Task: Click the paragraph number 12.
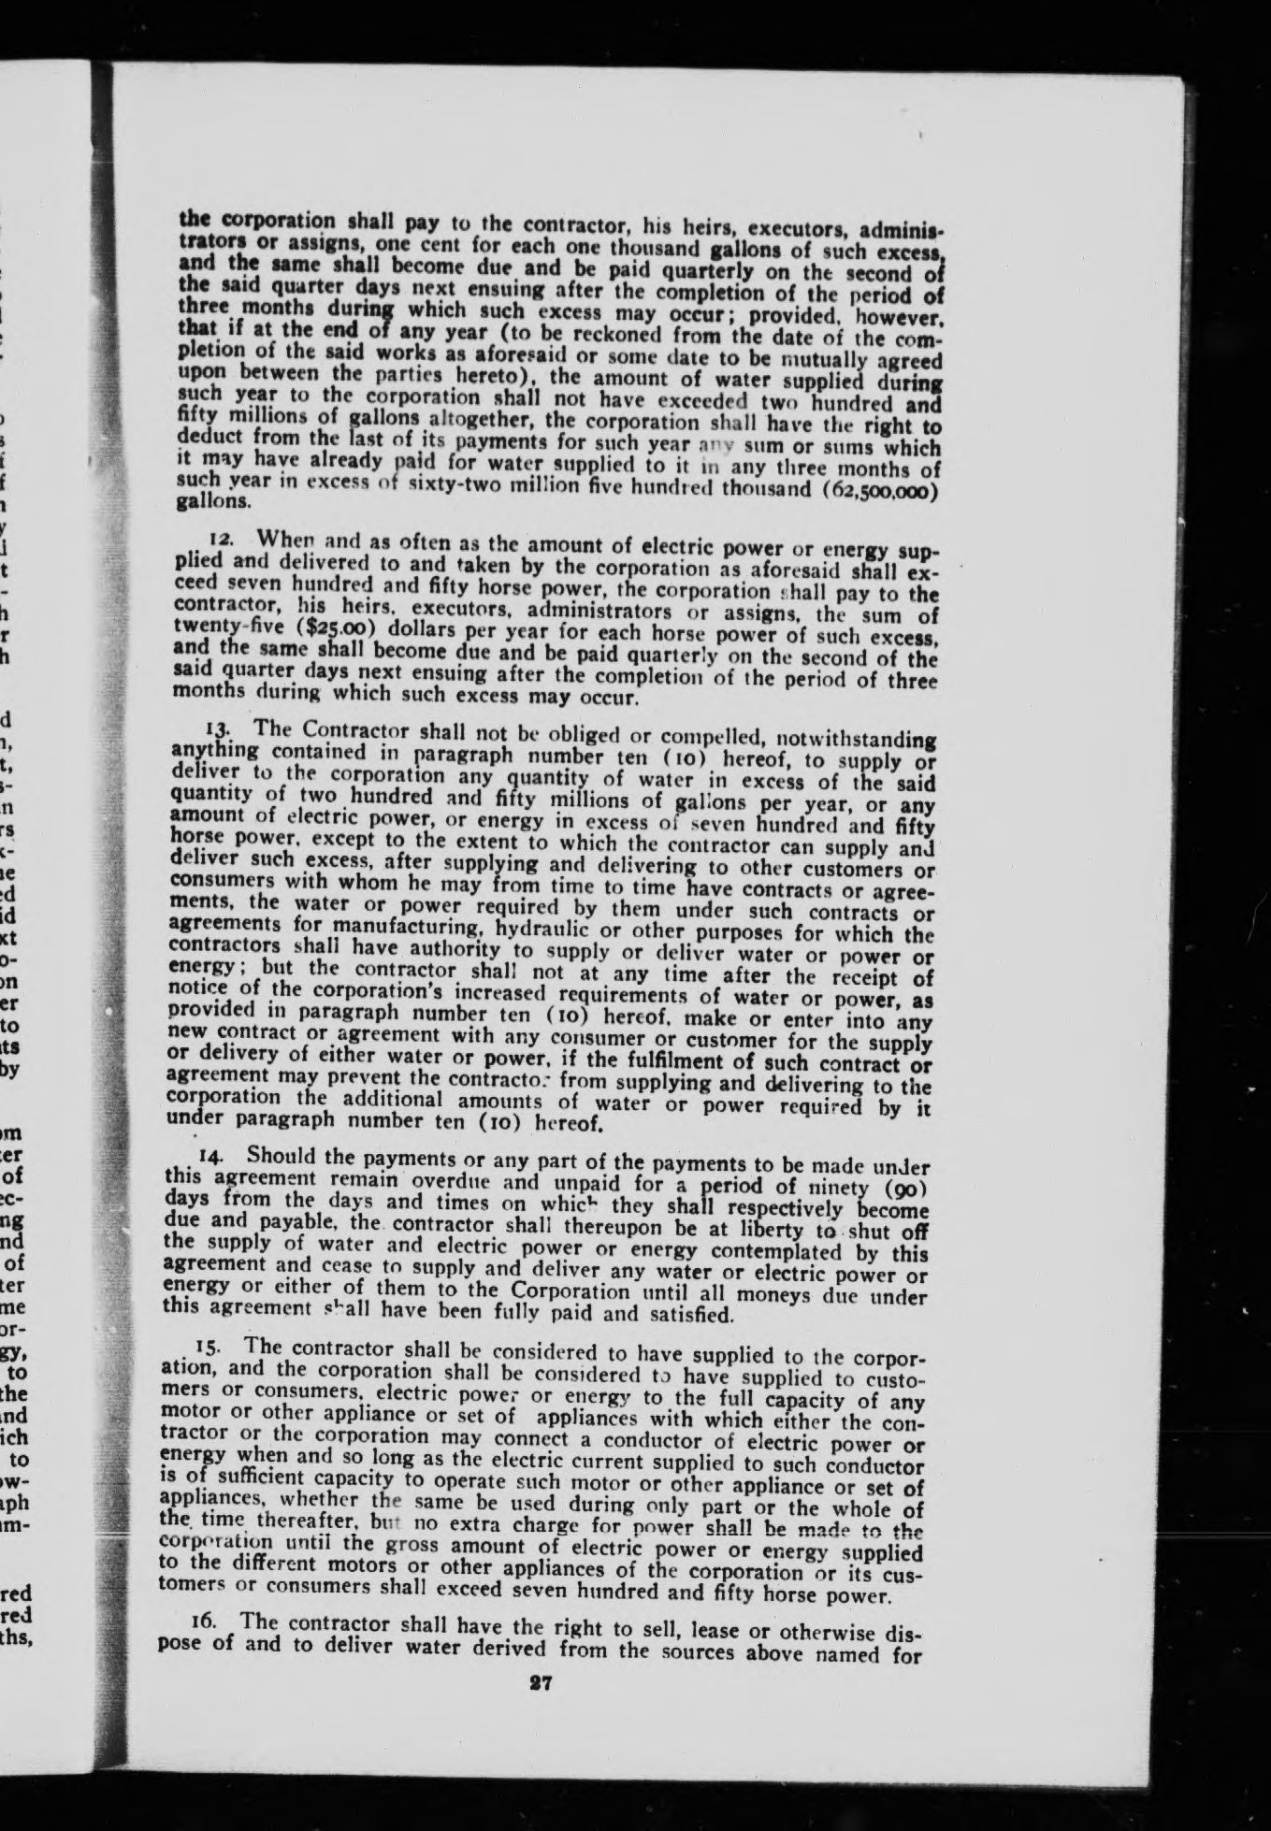tap(219, 541)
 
